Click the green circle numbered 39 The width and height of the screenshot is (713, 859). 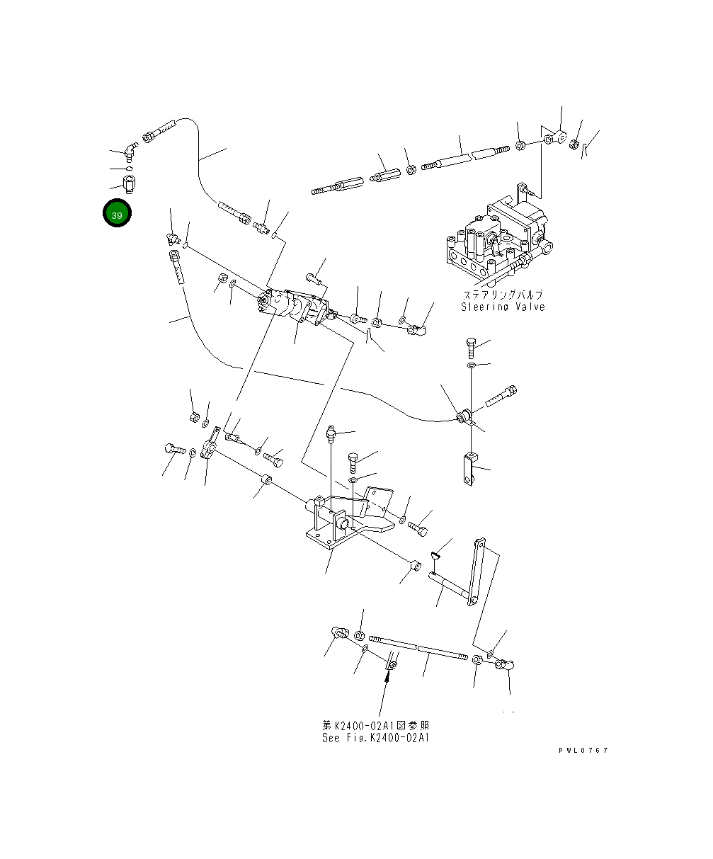click(x=117, y=214)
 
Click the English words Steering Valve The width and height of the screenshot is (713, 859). click(x=503, y=307)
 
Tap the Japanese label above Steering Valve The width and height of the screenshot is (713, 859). click(x=503, y=295)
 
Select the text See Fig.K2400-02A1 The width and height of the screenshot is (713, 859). click(x=375, y=738)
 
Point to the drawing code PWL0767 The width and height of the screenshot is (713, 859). click(x=583, y=751)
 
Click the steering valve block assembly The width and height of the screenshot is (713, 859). click(x=496, y=237)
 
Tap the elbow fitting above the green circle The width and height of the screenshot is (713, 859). click(x=129, y=151)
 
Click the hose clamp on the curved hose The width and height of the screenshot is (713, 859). click(x=464, y=416)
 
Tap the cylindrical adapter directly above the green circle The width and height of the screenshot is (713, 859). click(x=128, y=186)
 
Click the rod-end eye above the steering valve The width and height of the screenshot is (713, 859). click(x=559, y=136)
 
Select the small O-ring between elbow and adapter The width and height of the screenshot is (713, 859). click(x=128, y=169)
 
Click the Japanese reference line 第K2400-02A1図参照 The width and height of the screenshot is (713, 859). click(x=375, y=726)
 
